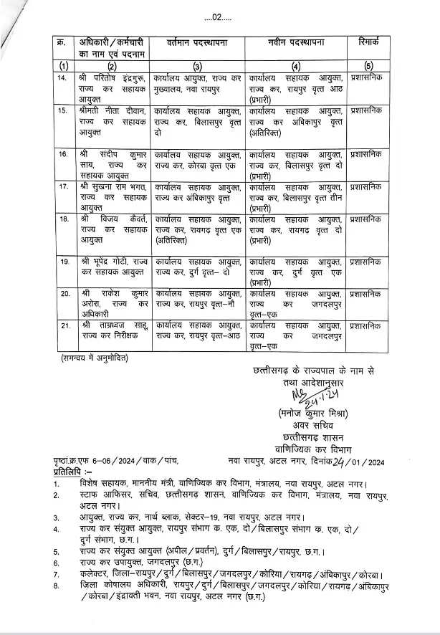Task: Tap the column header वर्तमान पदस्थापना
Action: click(x=197, y=43)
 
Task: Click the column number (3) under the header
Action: click(x=197, y=66)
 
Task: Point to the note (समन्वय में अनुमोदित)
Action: click(x=95, y=356)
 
